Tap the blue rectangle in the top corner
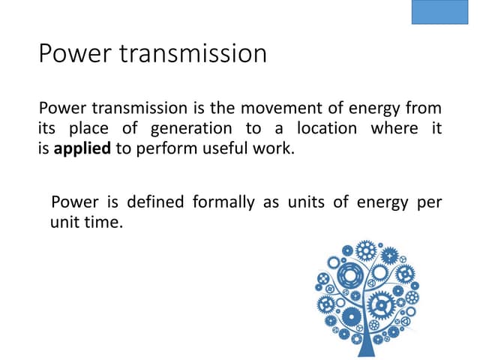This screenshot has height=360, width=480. [439, 13]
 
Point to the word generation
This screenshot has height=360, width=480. [195, 128]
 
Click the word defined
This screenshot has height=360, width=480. [157, 202]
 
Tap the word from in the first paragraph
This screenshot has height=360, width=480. [425, 109]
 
